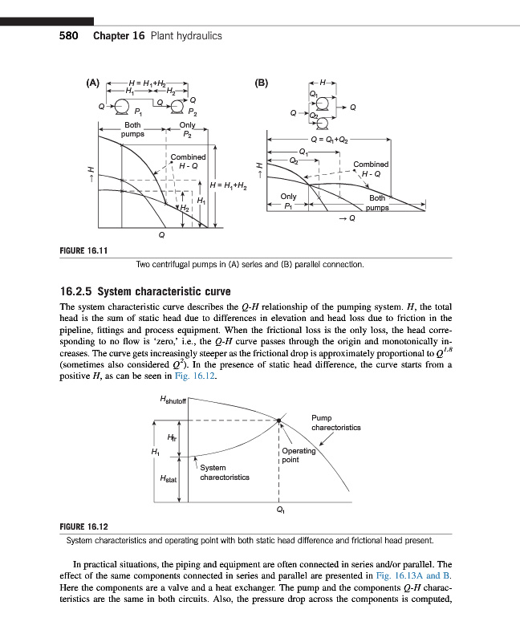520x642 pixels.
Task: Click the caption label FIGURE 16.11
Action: (84, 251)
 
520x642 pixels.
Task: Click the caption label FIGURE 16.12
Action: (84, 527)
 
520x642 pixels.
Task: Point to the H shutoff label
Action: (173, 400)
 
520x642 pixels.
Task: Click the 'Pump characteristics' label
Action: (335, 423)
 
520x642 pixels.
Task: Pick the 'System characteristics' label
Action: (224, 472)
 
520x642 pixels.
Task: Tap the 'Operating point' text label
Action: (299, 455)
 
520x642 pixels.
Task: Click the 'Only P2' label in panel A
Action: (188, 129)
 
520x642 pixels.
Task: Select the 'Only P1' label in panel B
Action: (289, 201)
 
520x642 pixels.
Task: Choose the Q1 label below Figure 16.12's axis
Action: (279, 508)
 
